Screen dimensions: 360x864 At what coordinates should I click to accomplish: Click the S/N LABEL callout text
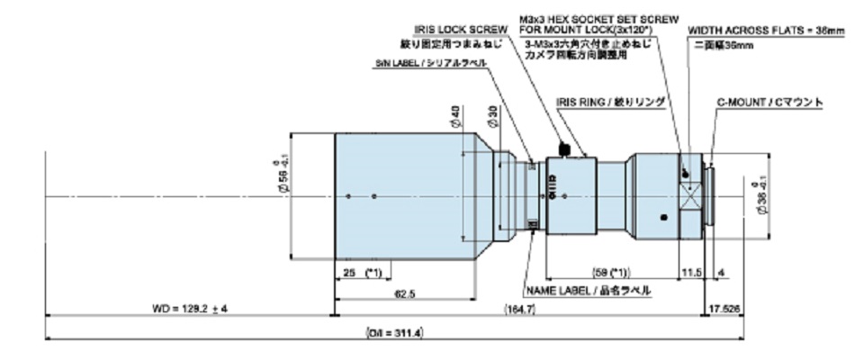(x=432, y=64)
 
